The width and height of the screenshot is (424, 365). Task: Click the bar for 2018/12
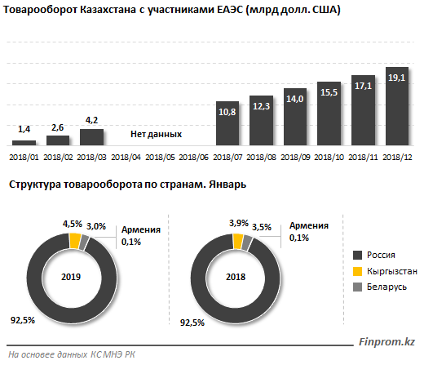tap(397, 106)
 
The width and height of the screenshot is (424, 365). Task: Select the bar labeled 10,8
tap(227, 123)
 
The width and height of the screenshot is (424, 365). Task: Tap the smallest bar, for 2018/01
tap(24, 143)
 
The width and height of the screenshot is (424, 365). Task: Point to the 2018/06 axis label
tap(193, 158)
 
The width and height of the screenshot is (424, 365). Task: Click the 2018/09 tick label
tap(295, 158)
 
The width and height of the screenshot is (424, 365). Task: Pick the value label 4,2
tap(91, 120)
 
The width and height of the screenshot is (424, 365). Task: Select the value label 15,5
tap(329, 92)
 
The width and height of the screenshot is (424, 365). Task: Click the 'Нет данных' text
tap(156, 134)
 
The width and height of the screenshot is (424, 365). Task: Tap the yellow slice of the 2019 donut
tap(75, 241)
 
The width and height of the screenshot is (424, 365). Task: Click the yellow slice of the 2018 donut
tap(238, 241)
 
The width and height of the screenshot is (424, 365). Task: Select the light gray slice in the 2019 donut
tap(84, 243)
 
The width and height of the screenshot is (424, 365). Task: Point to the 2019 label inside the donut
tap(71, 277)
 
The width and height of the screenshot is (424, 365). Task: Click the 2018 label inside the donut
tap(236, 277)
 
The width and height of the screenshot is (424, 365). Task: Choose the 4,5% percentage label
tap(73, 224)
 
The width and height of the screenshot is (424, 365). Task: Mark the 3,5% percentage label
tap(262, 227)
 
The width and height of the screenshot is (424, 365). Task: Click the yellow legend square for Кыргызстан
tap(357, 271)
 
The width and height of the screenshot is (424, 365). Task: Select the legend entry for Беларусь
tap(380, 287)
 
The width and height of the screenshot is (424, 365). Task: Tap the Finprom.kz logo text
tap(386, 342)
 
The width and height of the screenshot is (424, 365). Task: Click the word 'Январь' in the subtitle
tap(227, 185)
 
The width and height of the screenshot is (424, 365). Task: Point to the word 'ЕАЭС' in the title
tap(230, 10)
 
